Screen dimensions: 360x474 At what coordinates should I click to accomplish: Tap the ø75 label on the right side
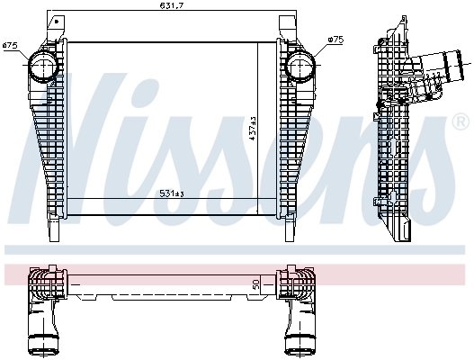point(335,40)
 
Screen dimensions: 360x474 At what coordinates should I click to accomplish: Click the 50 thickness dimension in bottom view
point(257,284)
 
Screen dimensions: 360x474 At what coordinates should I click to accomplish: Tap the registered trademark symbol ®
point(461,121)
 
